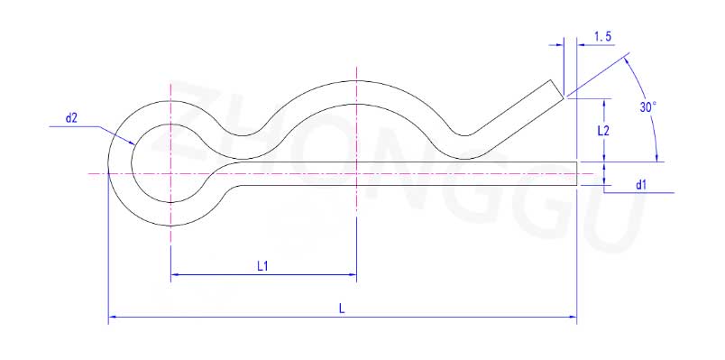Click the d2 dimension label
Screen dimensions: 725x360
[x=71, y=118]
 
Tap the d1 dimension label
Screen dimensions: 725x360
[x=640, y=186]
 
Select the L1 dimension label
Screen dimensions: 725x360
[x=262, y=266]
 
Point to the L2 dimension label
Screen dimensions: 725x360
[x=603, y=131]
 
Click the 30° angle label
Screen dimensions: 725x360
[x=647, y=107]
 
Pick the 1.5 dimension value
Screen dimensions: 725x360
[x=603, y=37]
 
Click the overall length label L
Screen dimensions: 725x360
[x=341, y=309]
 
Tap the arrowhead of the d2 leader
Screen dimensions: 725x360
[x=133, y=143]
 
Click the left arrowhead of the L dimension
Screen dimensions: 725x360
[x=112, y=317]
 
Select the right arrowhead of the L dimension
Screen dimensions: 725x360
[x=574, y=317]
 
